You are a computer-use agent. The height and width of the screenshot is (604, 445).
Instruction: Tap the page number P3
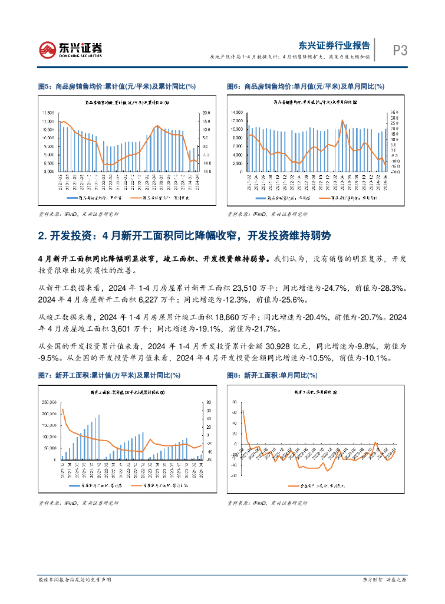point(401,51)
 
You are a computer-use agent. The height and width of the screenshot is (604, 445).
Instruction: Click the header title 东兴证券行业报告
point(334,45)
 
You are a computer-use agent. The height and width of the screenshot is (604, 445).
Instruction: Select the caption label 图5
point(43,86)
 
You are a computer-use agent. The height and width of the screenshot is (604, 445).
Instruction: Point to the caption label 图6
point(233,86)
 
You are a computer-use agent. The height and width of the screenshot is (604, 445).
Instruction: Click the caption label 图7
point(43,375)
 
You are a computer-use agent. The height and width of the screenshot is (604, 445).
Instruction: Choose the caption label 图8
point(233,375)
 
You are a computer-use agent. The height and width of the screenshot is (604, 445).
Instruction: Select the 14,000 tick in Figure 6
point(238,111)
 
